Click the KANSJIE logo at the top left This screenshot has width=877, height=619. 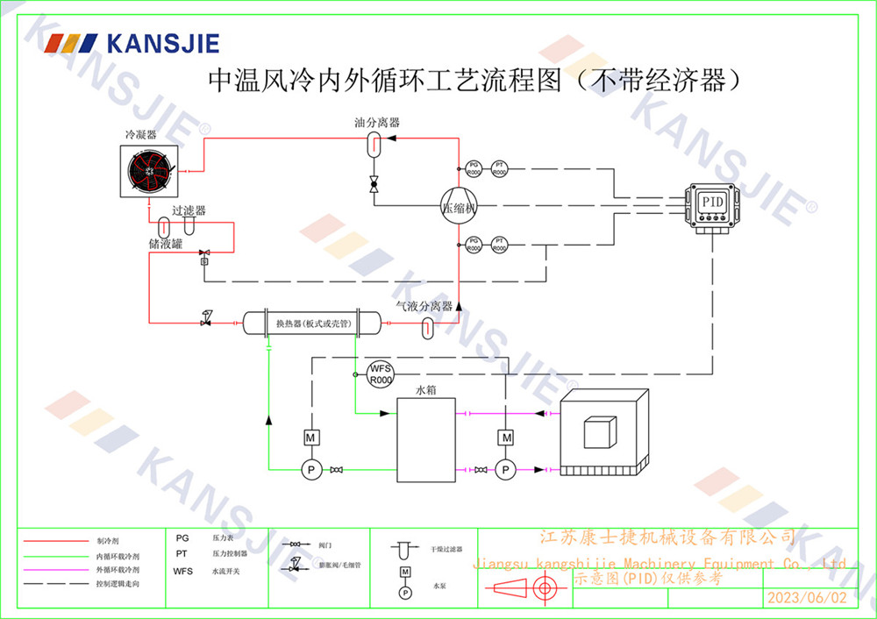(x=132, y=43)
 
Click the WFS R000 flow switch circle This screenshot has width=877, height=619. (x=380, y=374)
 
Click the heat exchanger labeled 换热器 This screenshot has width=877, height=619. (x=300, y=324)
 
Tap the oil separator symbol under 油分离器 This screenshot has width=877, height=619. (x=372, y=144)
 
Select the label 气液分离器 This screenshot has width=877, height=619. (x=424, y=306)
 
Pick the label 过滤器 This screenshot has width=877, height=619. (x=189, y=210)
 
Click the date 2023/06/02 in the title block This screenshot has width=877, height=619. (x=807, y=598)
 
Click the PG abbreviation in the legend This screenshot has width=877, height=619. (x=182, y=538)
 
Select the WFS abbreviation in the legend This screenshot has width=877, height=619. (x=183, y=571)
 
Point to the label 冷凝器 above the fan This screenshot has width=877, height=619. (x=140, y=135)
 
